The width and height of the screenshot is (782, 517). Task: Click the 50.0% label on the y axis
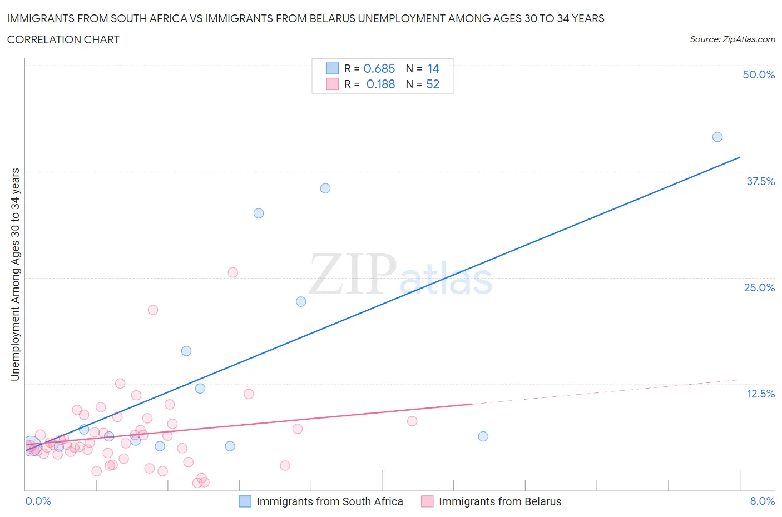[759, 74]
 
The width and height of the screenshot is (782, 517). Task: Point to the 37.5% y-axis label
[760, 181]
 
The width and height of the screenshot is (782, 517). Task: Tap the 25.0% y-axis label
[759, 287]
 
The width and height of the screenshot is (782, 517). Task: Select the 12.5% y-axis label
[760, 394]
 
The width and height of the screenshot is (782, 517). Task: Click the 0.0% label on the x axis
[38, 501]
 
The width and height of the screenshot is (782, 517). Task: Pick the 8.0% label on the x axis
[762, 501]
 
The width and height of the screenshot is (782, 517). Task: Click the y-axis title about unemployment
[15, 275]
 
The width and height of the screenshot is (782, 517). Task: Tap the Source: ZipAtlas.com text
[732, 39]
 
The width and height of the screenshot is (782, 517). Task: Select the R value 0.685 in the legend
[379, 68]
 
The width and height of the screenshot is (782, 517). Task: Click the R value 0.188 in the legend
[380, 84]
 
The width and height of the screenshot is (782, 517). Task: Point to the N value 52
[432, 84]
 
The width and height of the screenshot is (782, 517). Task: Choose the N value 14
[433, 68]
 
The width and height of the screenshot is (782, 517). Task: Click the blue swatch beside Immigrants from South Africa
[245, 501]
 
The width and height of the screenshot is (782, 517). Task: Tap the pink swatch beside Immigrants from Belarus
[427, 501]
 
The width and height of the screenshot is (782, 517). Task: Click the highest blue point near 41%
[717, 137]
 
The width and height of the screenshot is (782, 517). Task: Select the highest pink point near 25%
[233, 272]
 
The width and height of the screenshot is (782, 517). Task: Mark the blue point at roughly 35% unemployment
[325, 188]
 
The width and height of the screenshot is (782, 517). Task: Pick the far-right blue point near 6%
[483, 436]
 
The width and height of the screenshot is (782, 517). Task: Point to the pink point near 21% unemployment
[153, 310]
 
